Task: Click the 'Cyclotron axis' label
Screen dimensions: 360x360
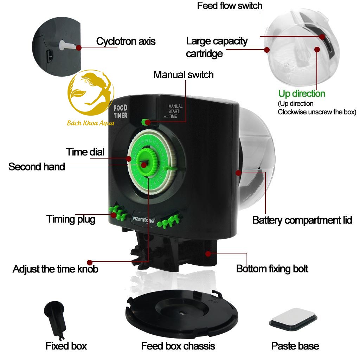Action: [x=126, y=41]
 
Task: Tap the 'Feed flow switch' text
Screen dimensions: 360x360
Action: [x=229, y=6]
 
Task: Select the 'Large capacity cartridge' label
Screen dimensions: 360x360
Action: [x=216, y=47]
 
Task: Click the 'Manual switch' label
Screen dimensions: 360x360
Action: [x=183, y=75]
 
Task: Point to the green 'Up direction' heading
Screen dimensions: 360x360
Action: [x=302, y=94]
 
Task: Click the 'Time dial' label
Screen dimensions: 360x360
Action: [x=85, y=152]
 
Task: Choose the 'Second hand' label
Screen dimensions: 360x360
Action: [x=37, y=166]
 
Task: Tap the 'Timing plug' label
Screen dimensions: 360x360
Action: [x=71, y=219]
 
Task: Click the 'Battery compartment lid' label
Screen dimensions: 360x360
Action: [x=302, y=220]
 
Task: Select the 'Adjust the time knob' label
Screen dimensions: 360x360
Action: [x=55, y=269]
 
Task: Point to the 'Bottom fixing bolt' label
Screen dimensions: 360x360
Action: [x=272, y=269]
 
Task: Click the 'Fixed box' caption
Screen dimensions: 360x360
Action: [x=66, y=346]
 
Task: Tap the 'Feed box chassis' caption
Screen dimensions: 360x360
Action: [x=178, y=346]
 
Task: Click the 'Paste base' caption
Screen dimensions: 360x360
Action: [x=295, y=346]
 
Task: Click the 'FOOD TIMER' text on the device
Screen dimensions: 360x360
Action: [x=121, y=111]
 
